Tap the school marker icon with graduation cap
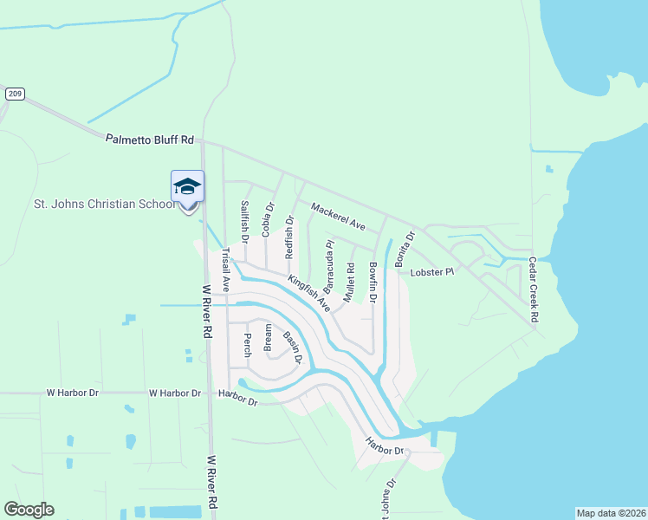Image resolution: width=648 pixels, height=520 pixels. point(187,187)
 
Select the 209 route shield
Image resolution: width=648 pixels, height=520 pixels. point(14,94)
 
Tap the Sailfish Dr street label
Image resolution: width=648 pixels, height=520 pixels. point(245,222)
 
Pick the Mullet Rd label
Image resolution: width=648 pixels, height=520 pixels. point(350,282)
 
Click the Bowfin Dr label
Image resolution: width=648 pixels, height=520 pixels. point(373,281)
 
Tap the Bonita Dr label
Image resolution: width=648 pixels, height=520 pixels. point(405,247)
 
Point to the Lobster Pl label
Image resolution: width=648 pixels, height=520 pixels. point(431,272)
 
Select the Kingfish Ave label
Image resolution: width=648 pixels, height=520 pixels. point(310,294)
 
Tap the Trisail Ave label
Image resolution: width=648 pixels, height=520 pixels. point(225,270)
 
